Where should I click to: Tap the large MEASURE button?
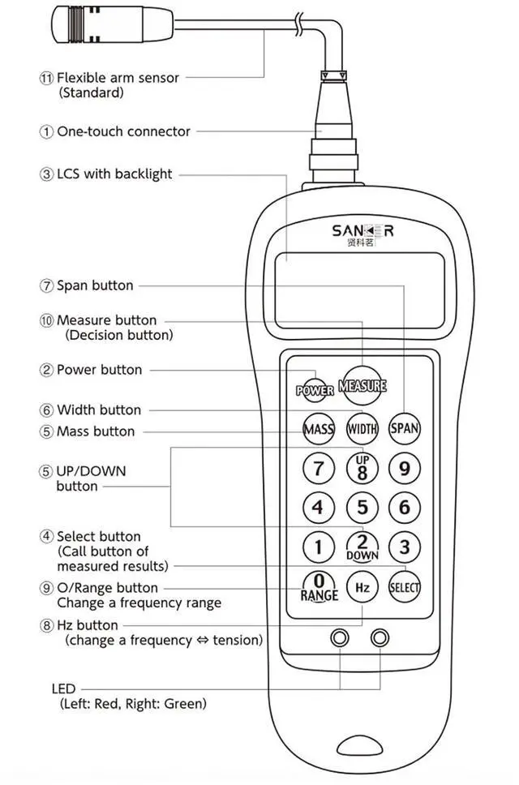(362, 385)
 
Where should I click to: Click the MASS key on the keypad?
(319, 428)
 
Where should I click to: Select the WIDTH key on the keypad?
(362, 428)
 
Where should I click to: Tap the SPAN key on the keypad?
(405, 428)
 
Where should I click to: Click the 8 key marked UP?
(362, 468)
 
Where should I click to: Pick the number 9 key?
(405, 468)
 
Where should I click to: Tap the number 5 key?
(362, 508)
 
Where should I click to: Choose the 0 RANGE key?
(319, 586)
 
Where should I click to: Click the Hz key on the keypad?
(362, 586)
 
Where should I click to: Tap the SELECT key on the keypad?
(405, 586)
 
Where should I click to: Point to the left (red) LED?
(341, 637)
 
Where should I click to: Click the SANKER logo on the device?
(362, 231)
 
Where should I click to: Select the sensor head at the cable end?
(77, 24)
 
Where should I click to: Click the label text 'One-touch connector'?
(123, 131)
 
